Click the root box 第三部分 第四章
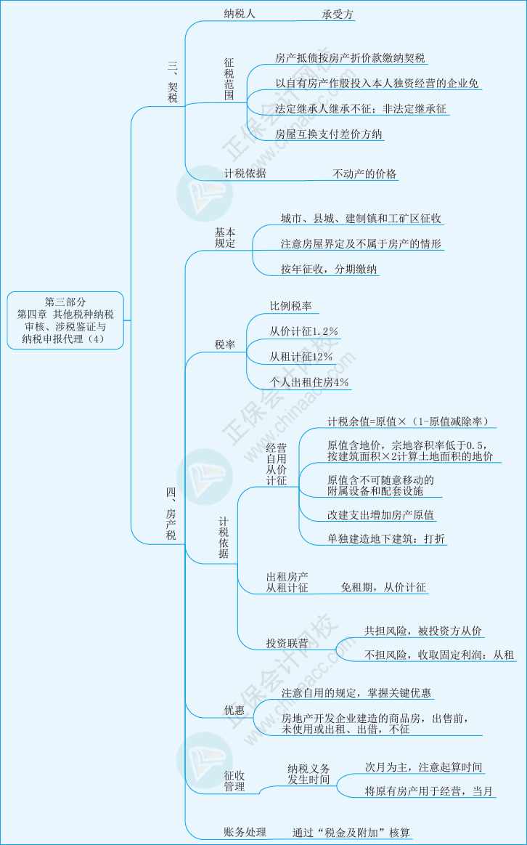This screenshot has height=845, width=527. click(65, 320)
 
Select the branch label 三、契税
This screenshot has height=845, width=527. click(173, 82)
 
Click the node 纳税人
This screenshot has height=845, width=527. click(240, 14)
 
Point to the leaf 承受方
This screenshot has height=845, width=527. click(338, 15)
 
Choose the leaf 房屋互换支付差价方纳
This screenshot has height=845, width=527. click(328, 134)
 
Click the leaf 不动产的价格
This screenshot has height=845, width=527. click(364, 174)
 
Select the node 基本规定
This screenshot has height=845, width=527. click(225, 238)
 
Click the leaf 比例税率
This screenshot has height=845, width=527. click(290, 306)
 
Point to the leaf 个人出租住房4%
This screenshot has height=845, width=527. click(309, 383)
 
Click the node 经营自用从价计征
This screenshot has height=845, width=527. click(276, 464)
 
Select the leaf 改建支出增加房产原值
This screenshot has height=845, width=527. click(380, 514)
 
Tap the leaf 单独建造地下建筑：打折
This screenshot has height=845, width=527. click(386, 539)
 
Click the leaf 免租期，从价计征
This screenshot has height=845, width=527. click(383, 587)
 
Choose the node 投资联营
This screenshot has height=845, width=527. click(287, 643)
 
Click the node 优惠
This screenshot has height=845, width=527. click(234, 711)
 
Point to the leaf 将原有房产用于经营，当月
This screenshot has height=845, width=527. click(428, 791)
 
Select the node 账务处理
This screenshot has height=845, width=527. click(245, 833)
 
